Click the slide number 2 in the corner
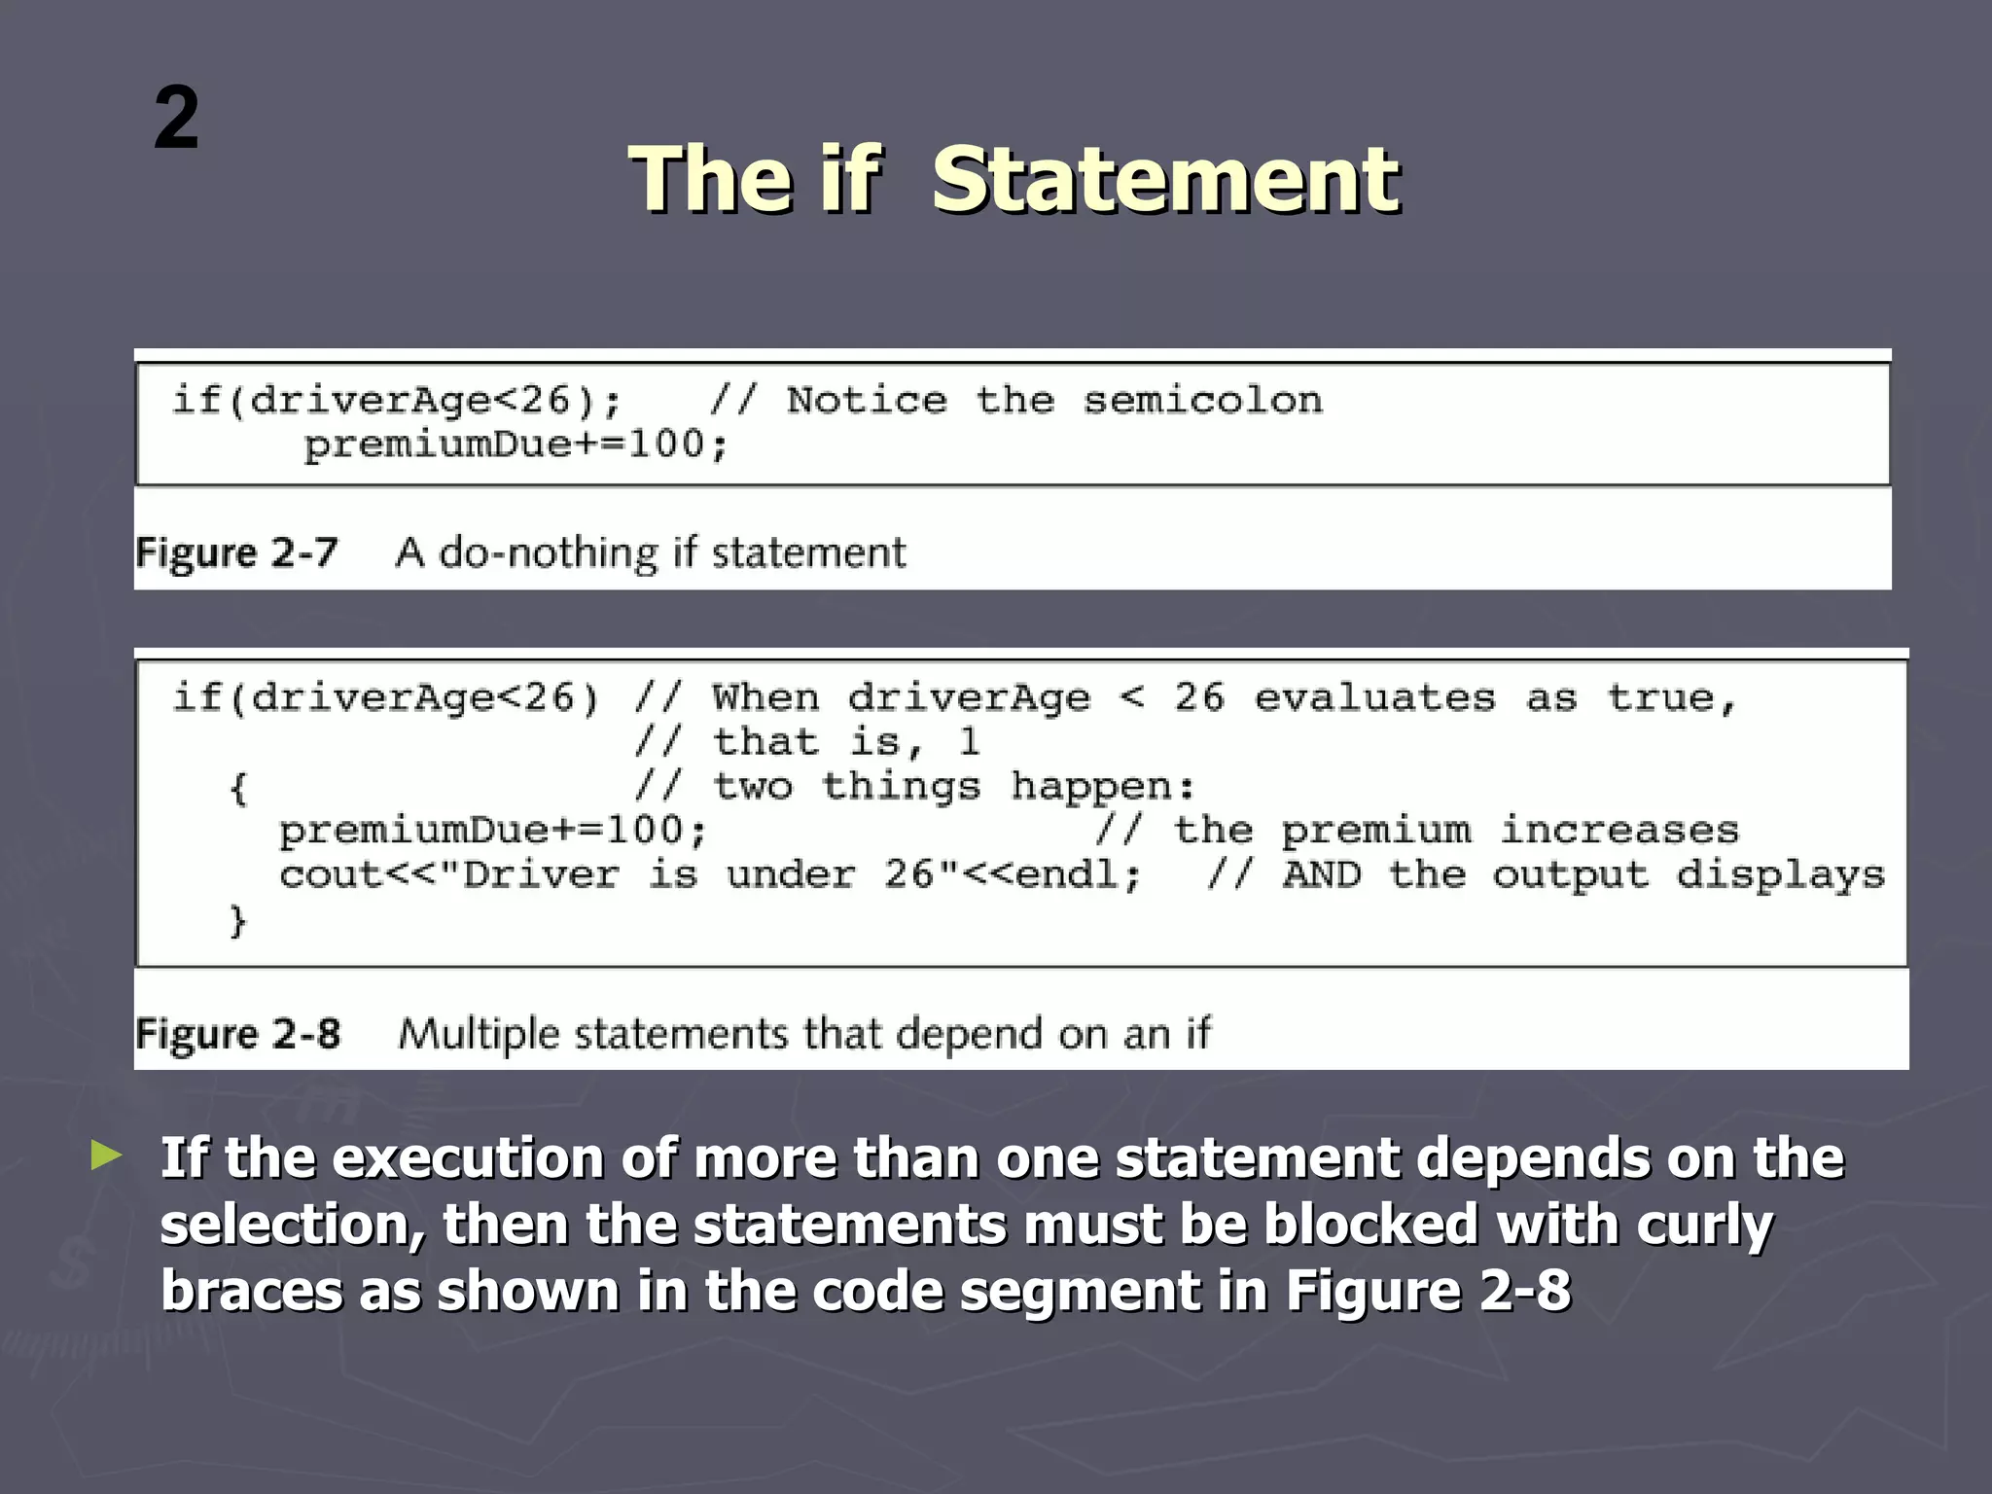pyautogui.click(x=176, y=118)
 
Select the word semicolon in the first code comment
pyautogui.click(x=1203, y=401)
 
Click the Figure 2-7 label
pyautogui.click(x=236, y=552)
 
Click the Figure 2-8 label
pyautogui.click(x=238, y=1033)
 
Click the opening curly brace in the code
pyautogui.click(x=238, y=787)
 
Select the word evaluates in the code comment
pyautogui.click(x=1374, y=698)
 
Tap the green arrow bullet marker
pyautogui.click(x=107, y=1156)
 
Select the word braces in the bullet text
pyautogui.click(x=251, y=1291)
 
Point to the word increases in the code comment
pyautogui.click(x=1618, y=831)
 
